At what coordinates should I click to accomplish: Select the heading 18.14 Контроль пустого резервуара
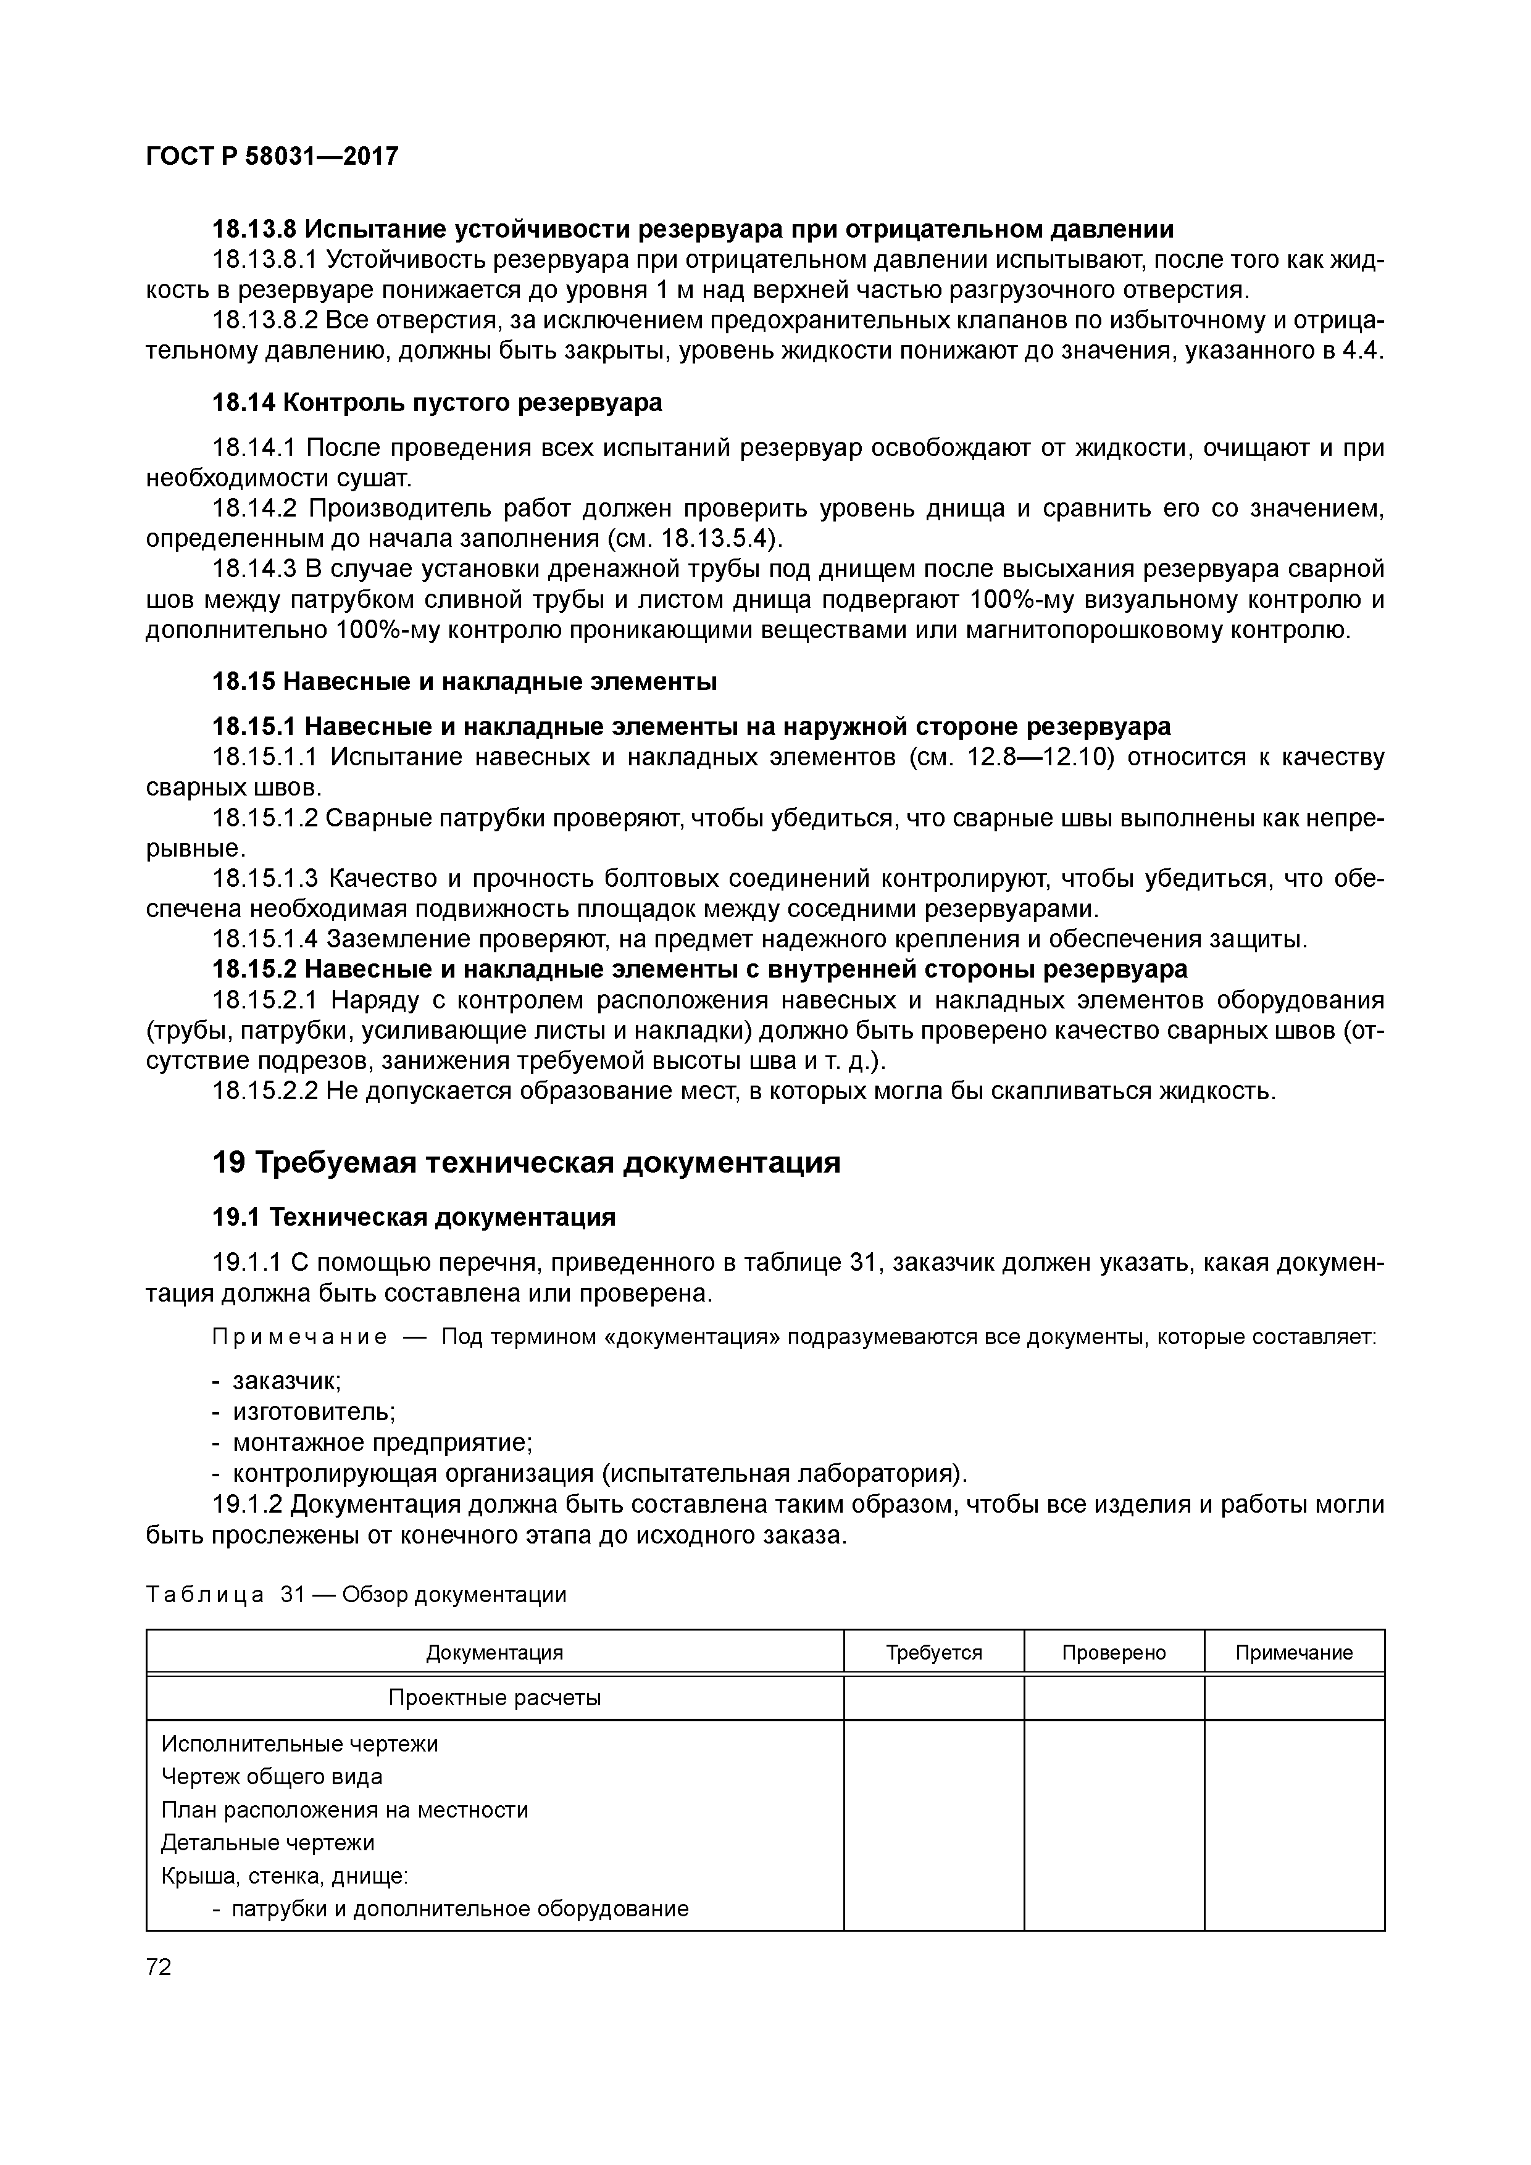pyautogui.click(x=436, y=402)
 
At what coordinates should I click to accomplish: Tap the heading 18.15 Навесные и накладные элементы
pyautogui.click(x=464, y=681)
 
